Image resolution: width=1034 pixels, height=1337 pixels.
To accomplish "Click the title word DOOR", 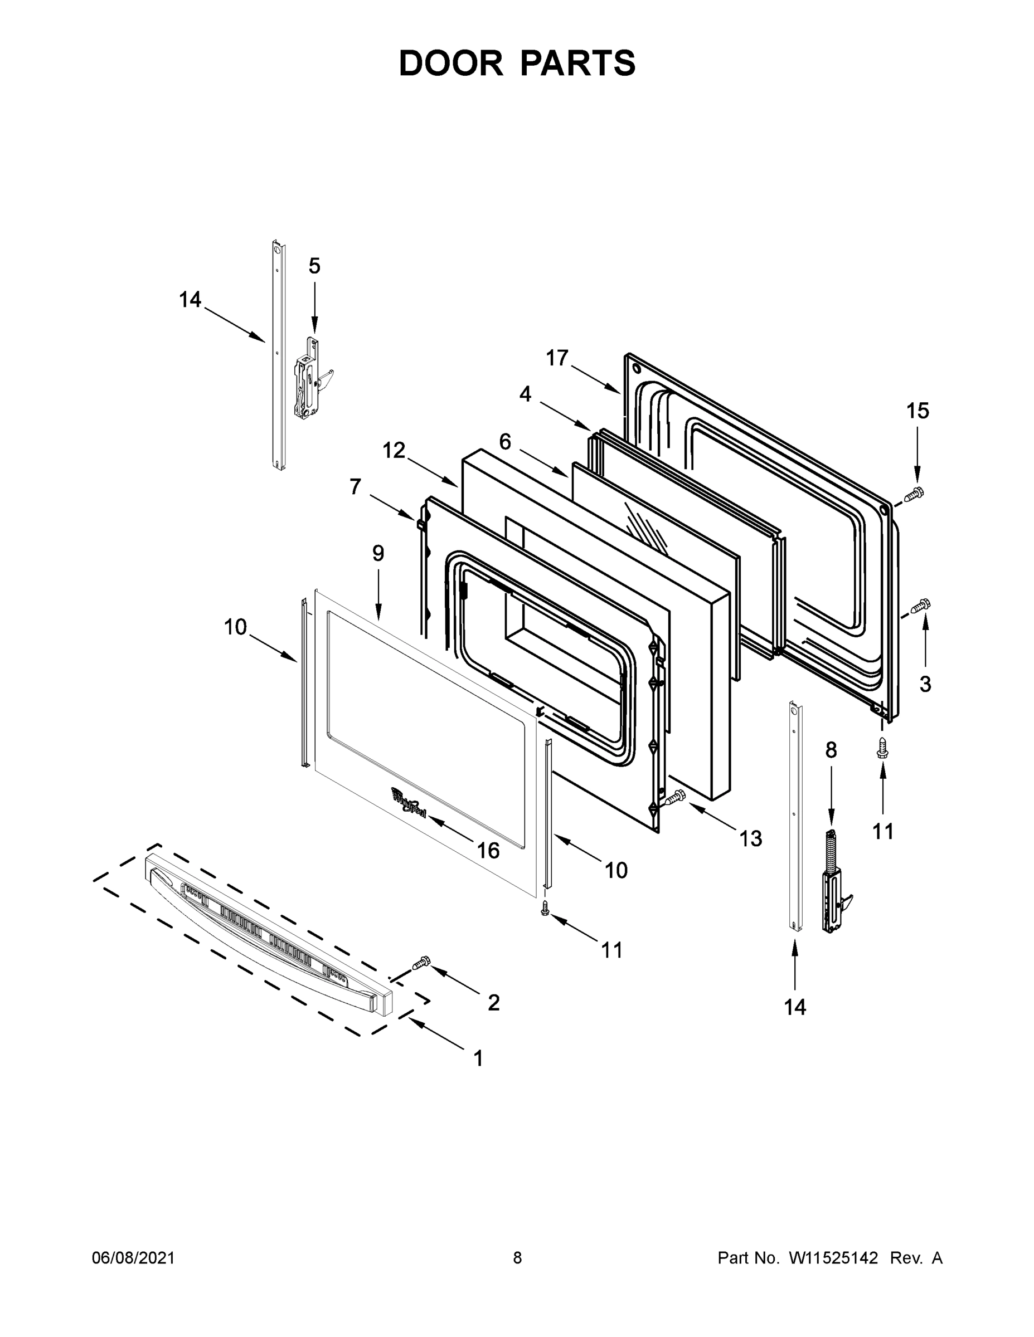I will (451, 63).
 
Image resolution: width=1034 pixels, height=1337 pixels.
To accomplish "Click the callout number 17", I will (557, 358).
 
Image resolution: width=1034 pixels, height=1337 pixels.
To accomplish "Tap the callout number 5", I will (314, 266).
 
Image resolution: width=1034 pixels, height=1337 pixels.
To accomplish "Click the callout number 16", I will (488, 850).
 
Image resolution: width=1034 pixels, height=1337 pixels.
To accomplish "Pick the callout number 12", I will (394, 451).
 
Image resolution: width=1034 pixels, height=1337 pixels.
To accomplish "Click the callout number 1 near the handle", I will (478, 1058).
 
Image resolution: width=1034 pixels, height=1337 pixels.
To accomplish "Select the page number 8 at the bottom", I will (517, 1258).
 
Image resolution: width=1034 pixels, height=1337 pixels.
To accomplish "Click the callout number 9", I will (378, 553).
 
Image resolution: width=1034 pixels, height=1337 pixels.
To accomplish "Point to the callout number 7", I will (355, 487).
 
